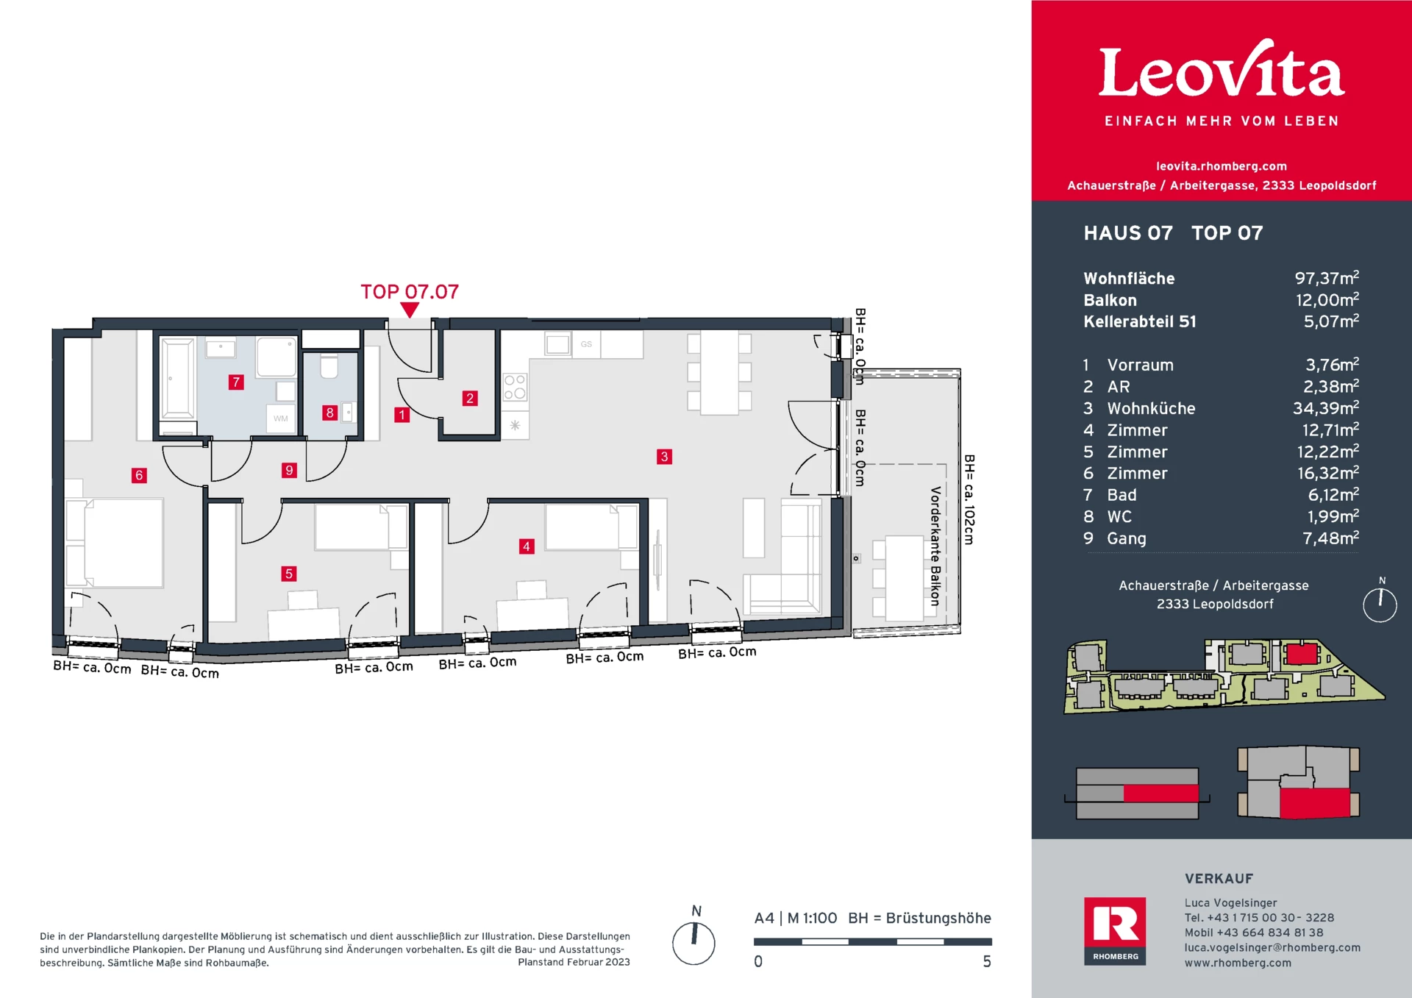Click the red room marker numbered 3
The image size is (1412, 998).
point(664,457)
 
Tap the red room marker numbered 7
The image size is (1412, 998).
point(236,382)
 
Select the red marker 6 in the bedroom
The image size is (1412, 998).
point(139,475)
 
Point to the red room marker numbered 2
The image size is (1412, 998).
point(470,398)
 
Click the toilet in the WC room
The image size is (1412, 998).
point(329,366)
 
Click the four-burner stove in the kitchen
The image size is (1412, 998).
point(515,387)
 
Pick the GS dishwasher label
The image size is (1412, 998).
point(586,344)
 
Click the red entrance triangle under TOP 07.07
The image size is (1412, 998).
point(410,310)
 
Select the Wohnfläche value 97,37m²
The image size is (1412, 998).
point(1327,278)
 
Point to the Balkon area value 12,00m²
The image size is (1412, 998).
point(1327,299)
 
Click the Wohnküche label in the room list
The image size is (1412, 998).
point(1151,408)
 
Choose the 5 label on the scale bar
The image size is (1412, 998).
point(987,961)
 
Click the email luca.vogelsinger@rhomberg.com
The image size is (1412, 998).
point(1272,947)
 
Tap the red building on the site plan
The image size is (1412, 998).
point(1301,654)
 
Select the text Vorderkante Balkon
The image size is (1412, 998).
point(935,546)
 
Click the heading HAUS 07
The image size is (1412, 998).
point(1128,233)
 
